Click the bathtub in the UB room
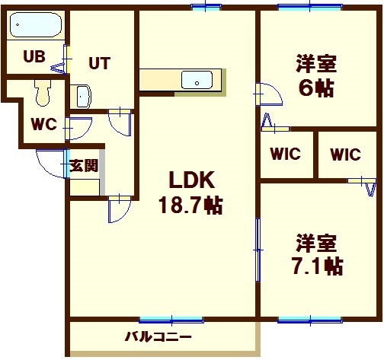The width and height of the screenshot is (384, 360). click(x=36, y=24)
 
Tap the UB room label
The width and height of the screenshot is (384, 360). click(x=34, y=56)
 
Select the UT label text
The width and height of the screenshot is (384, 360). click(x=100, y=63)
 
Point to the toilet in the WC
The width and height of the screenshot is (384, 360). click(x=43, y=93)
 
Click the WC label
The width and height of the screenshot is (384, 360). click(x=43, y=124)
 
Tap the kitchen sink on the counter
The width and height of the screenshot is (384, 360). click(x=197, y=80)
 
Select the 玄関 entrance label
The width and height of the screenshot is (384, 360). click(x=84, y=166)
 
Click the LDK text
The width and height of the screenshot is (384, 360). click(x=192, y=180)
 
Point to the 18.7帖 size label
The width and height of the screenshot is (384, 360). click(x=190, y=205)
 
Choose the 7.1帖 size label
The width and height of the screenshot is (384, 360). click(x=318, y=266)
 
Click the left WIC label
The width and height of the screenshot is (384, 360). click(x=286, y=154)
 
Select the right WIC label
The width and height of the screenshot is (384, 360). click(x=346, y=155)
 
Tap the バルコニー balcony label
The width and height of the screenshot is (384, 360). click(x=158, y=337)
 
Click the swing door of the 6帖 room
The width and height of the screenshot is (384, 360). click(x=270, y=94)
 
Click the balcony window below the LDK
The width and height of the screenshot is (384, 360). click(x=171, y=320)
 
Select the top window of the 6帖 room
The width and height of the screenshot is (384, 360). click(x=310, y=8)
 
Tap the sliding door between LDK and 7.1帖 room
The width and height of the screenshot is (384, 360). click(x=258, y=250)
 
